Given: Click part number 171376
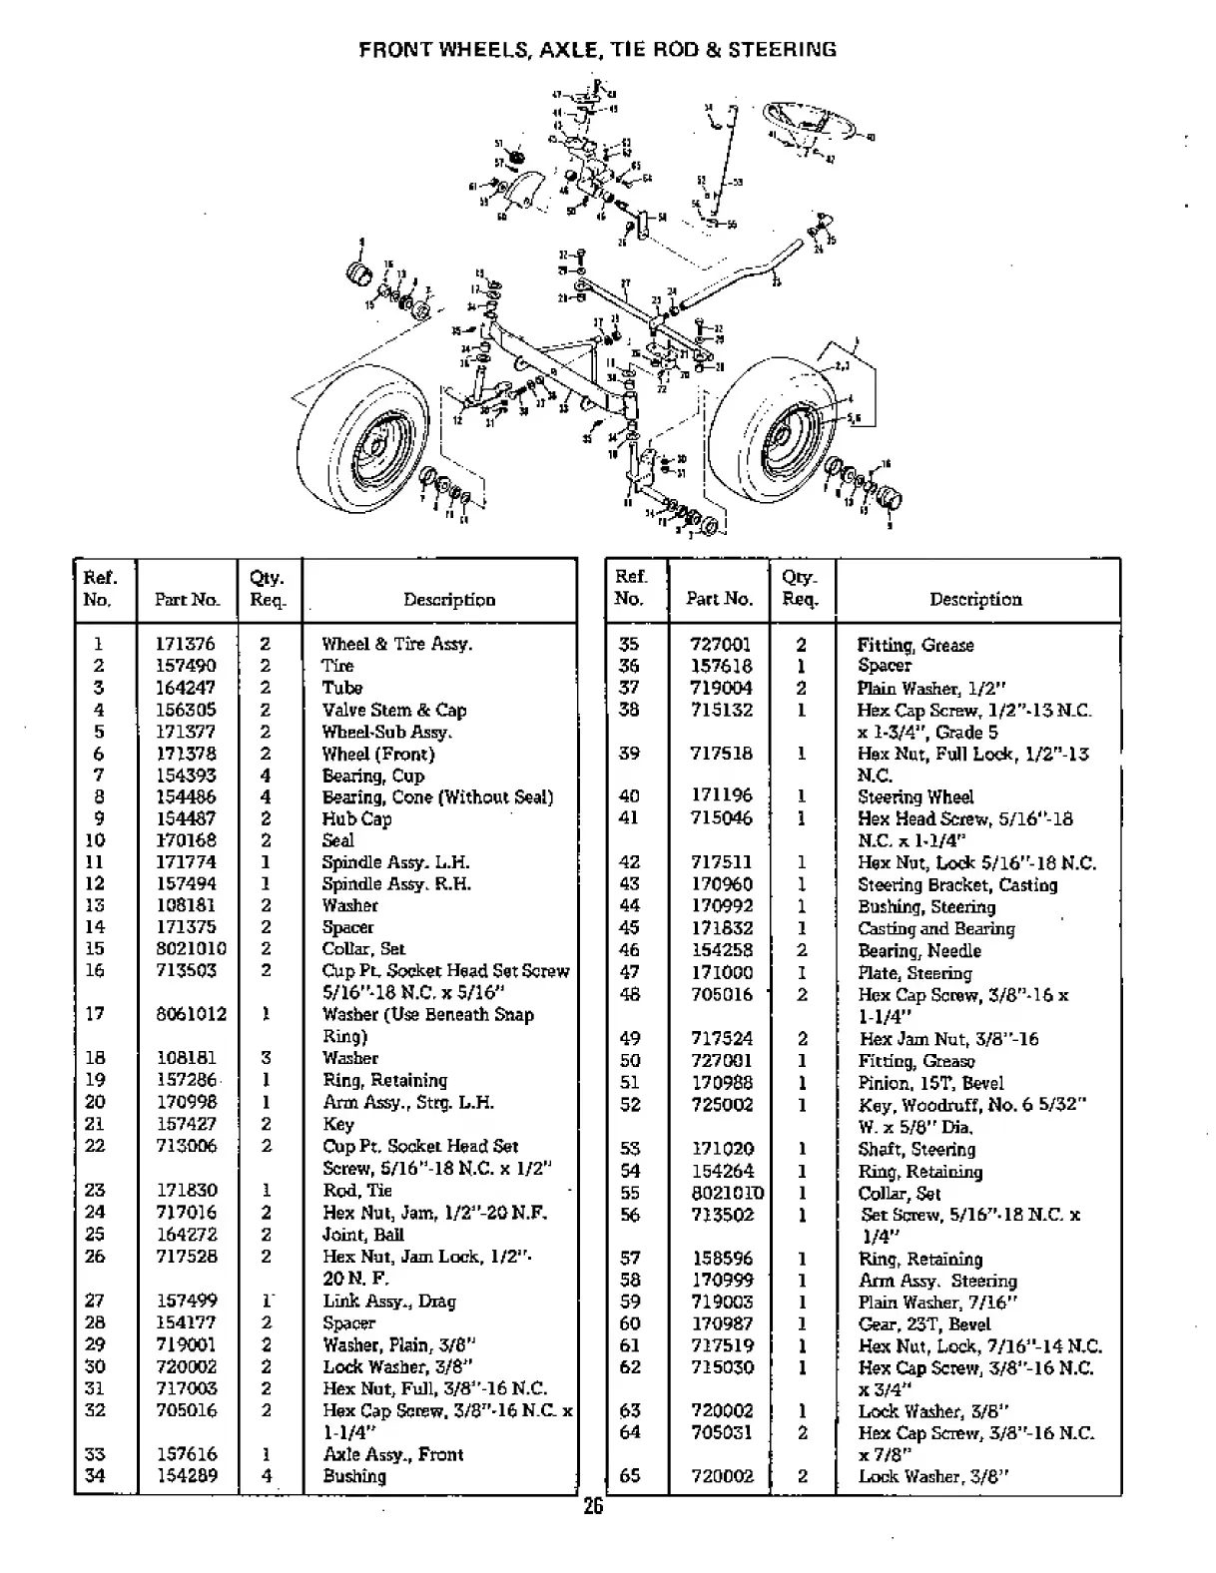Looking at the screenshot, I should [x=185, y=644].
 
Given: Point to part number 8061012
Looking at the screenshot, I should [x=191, y=1014].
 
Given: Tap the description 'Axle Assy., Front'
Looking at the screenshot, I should [x=392, y=1454].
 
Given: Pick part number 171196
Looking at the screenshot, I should [x=720, y=795].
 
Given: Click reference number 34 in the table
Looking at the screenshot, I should [x=95, y=1476].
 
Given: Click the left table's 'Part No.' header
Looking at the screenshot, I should [x=187, y=600].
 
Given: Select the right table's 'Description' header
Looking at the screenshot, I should [x=975, y=599].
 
